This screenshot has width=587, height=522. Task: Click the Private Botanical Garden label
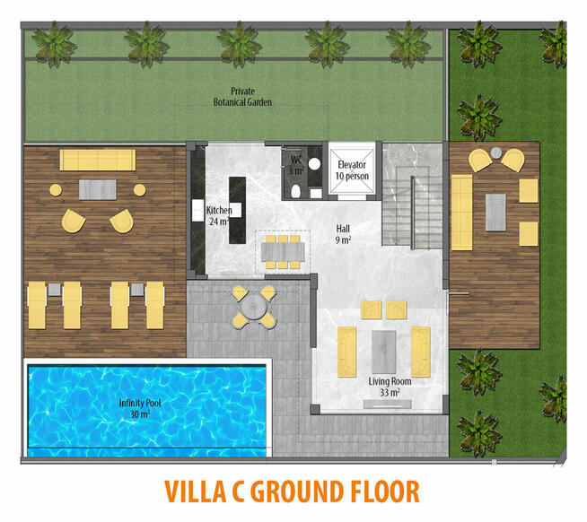click(x=242, y=97)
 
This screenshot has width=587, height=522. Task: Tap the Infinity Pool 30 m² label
click(x=140, y=408)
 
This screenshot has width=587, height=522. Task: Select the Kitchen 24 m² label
click(x=219, y=215)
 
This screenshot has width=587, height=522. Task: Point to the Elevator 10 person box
click(x=352, y=170)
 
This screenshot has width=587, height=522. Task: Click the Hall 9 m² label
click(x=343, y=234)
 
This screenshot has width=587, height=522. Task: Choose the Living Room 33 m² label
click(x=390, y=387)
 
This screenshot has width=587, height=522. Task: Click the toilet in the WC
click(x=296, y=191)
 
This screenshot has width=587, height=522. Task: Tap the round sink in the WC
click(x=314, y=163)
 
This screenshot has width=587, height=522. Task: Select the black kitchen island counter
click(x=237, y=210)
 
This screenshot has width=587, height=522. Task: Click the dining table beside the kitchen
click(x=283, y=252)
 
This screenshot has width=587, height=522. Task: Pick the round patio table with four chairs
click(x=253, y=308)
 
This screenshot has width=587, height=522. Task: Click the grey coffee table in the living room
click(x=384, y=352)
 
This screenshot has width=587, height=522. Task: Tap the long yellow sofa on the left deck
click(x=98, y=161)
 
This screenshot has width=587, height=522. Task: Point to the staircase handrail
click(x=413, y=213)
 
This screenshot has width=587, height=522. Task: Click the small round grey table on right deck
click(x=496, y=152)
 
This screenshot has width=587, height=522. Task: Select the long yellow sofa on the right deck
click(x=461, y=213)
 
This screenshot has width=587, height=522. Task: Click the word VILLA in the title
click(x=195, y=491)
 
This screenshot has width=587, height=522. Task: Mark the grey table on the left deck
click(x=97, y=190)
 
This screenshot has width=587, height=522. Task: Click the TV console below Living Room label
click(x=388, y=405)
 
